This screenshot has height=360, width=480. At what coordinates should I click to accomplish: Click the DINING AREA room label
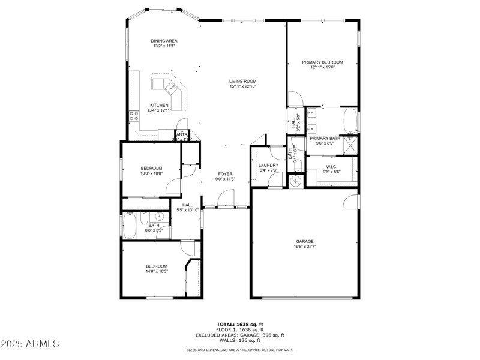[x=164, y=41]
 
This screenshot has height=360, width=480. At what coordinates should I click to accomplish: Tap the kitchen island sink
[x=172, y=89]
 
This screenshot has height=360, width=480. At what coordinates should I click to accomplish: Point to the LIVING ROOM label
[x=242, y=81]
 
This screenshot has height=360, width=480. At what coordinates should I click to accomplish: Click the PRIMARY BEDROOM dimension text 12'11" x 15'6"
[x=322, y=68]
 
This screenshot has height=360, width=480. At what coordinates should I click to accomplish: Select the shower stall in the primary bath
[x=350, y=145]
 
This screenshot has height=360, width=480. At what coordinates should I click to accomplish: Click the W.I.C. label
[x=331, y=166]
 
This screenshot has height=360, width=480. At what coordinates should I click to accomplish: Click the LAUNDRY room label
[x=268, y=165]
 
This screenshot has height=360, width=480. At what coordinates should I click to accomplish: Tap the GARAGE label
[x=304, y=241]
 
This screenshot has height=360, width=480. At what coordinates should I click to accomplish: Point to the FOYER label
[x=225, y=174]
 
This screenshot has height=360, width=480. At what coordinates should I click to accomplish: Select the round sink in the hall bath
[x=160, y=217]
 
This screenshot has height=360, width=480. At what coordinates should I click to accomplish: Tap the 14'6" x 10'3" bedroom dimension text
[x=157, y=271]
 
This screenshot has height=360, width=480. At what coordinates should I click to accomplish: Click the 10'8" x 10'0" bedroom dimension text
[x=151, y=173]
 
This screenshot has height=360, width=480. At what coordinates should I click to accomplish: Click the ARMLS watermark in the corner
[x=30, y=344]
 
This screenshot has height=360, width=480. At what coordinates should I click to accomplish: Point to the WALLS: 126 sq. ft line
[x=240, y=341]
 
